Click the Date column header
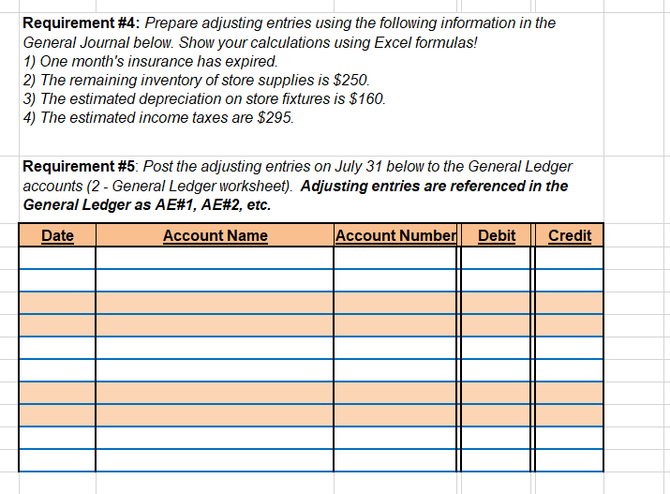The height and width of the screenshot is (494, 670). pos(57,235)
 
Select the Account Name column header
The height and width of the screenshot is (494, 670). pos(215,235)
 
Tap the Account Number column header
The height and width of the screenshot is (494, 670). pos(395,235)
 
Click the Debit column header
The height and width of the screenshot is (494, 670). pos(497,235)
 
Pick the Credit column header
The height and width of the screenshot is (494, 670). pos(570,235)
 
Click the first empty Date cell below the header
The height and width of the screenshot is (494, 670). pos(57,257)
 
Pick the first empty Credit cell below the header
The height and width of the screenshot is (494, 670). pos(570,257)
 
